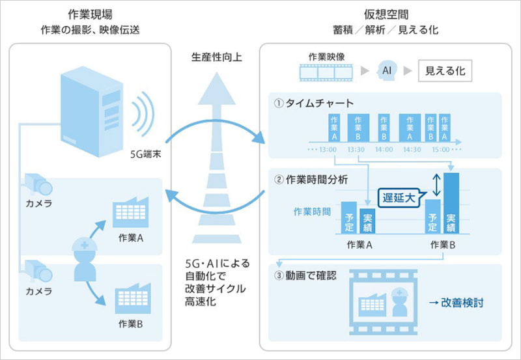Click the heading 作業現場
pos(91,14)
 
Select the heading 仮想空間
pos(384,14)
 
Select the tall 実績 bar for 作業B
pos(451,203)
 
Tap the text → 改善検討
pos(457,303)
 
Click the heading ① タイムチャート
pos(314,103)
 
